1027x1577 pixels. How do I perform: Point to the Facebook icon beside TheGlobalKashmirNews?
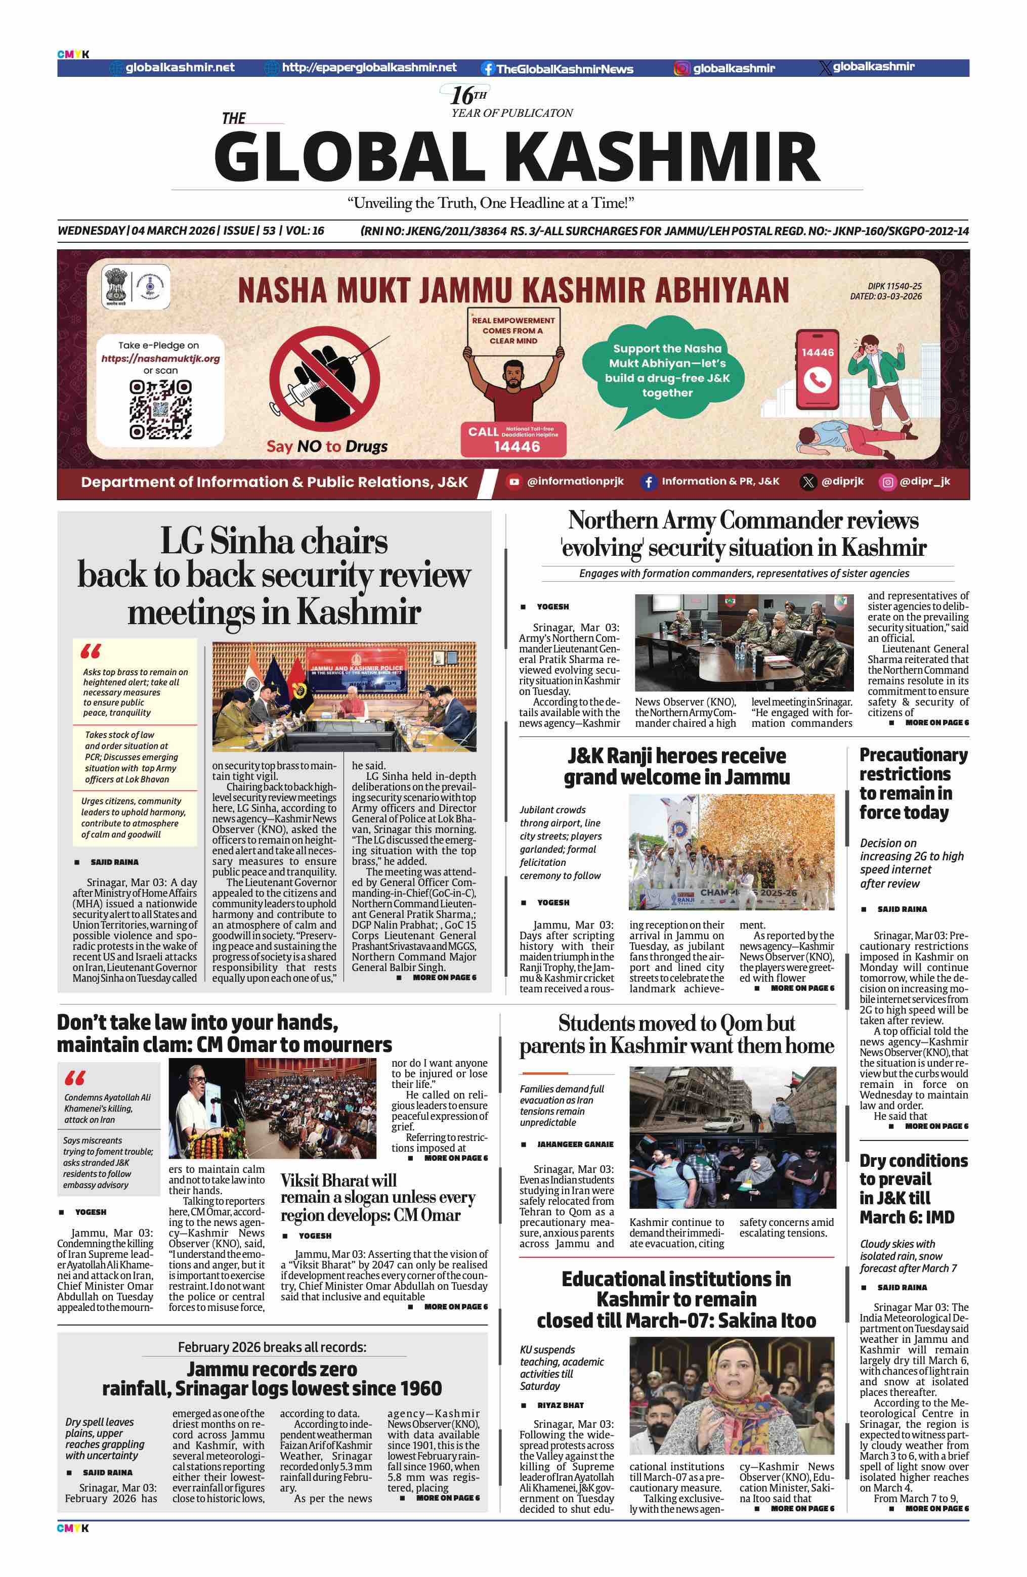[x=488, y=68]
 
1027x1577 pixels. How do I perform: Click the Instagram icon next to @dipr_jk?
[x=887, y=481]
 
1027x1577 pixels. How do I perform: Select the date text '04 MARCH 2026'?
[x=174, y=231]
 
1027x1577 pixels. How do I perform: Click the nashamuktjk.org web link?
[x=160, y=359]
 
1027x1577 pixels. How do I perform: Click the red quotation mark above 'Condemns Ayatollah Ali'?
[x=74, y=1078]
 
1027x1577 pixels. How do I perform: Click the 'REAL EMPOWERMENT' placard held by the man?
[x=513, y=330]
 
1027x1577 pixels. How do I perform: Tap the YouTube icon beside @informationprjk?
[x=513, y=481]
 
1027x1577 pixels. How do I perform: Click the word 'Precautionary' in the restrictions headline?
[x=913, y=755]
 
